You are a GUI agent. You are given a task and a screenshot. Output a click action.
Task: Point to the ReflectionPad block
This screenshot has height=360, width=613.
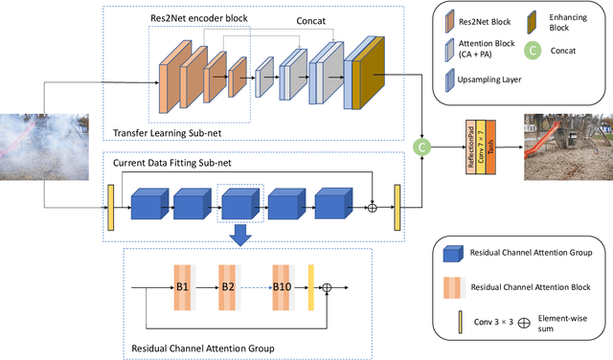(x=470, y=146)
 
